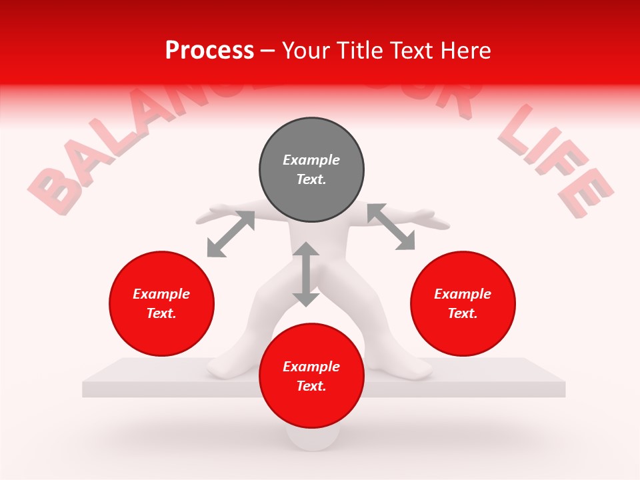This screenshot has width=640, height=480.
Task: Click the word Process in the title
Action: [209, 51]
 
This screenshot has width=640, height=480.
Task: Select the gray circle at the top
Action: [311, 170]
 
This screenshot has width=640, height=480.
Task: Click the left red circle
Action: [161, 304]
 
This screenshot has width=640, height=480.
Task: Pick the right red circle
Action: [463, 304]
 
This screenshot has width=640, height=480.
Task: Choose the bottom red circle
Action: [311, 377]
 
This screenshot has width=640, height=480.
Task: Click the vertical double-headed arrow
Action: [306, 274]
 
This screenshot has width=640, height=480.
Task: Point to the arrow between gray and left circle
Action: [231, 233]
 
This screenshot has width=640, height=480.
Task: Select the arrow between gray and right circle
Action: [391, 227]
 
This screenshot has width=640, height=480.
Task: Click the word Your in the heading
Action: [307, 51]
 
